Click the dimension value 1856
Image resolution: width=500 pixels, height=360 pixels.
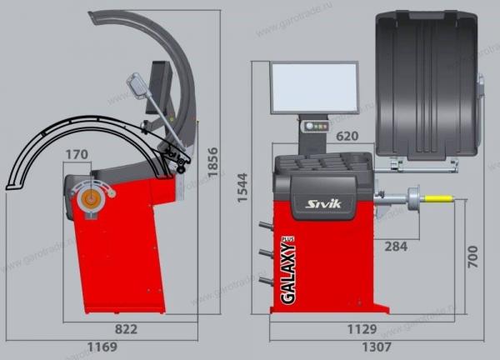(x=212, y=162)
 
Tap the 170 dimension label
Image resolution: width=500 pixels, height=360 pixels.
(x=77, y=155)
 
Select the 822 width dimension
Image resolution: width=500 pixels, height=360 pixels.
(x=126, y=329)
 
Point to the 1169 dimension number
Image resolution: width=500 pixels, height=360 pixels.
(x=102, y=347)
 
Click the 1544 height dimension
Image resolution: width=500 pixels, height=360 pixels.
(x=242, y=187)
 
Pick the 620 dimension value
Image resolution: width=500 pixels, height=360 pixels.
(x=347, y=136)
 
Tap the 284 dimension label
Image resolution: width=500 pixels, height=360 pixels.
(x=396, y=247)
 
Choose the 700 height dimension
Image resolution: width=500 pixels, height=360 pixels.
(x=472, y=257)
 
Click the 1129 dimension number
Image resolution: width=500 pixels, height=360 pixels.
(x=362, y=329)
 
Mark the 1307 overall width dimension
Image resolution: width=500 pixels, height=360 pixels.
(x=377, y=347)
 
